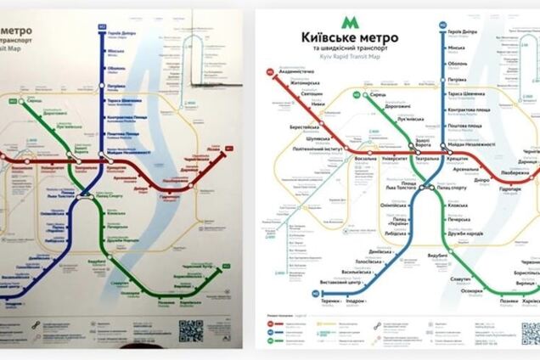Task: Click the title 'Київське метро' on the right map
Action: click(x=347, y=38)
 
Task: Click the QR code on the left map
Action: click(x=191, y=329)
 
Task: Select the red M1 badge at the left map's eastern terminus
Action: click(x=228, y=150)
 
